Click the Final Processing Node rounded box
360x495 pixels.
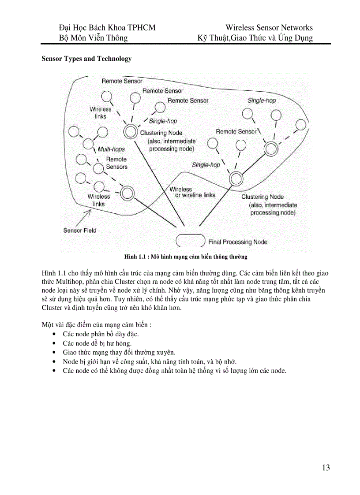[x=191, y=241]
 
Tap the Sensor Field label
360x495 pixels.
[x=79, y=230]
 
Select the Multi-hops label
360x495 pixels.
[x=111, y=149]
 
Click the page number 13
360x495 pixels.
[x=326, y=468]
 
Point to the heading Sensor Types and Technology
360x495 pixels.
[x=86, y=59]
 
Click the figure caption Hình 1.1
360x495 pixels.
[x=186, y=257]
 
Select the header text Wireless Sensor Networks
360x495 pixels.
[x=269, y=28]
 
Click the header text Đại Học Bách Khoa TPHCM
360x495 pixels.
[x=107, y=28]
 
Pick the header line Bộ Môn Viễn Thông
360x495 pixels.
[x=94, y=38]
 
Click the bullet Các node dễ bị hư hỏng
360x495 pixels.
[x=97, y=343]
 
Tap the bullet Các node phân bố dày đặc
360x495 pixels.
[x=101, y=334]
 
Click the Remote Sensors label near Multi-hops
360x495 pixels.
[x=116, y=163]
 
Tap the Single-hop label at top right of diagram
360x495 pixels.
[x=262, y=100]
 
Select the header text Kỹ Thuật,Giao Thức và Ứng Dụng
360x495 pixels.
[x=255, y=38]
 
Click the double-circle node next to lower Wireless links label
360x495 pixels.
[x=127, y=192]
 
